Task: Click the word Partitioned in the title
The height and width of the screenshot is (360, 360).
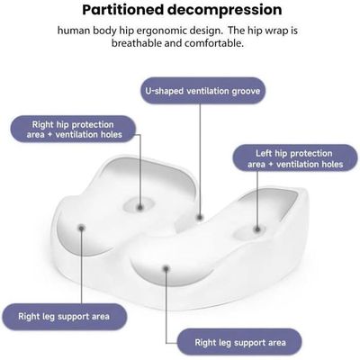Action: click(x=123, y=10)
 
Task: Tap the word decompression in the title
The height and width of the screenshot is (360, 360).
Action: click(x=225, y=10)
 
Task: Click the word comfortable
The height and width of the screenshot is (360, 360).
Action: click(x=214, y=43)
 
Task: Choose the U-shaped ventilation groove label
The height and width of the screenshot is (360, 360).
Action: click(x=203, y=91)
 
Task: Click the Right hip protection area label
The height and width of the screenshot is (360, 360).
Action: click(x=74, y=130)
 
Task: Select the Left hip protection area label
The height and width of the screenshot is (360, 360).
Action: click(x=295, y=158)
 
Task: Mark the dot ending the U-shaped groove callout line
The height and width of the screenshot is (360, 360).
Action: click(x=200, y=218)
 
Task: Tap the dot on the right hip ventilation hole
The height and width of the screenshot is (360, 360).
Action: click(x=139, y=207)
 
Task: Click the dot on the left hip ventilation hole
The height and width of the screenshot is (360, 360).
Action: click(x=257, y=229)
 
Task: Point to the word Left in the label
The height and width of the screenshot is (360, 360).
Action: click(x=264, y=153)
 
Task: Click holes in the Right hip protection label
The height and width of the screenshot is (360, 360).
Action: click(x=112, y=135)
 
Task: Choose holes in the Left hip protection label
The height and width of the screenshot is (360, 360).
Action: click(x=332, y=164)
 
